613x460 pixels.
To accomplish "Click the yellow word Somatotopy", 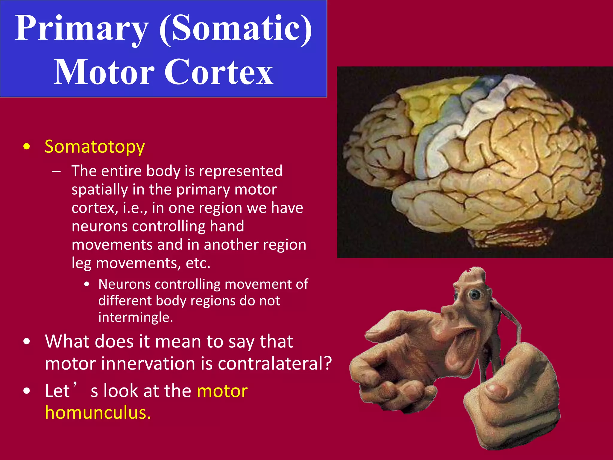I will pos(95,147).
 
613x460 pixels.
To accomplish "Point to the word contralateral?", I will pos(275,364).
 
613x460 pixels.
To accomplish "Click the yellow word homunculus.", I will pos(98,412).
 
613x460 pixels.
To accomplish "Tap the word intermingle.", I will pos(136,317).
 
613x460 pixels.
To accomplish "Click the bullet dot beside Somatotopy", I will pos(27,147).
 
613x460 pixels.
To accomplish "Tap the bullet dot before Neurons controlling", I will pos(87,284).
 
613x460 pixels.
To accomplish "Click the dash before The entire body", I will pos(56,171).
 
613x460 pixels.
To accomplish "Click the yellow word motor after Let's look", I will pos(222,391).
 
